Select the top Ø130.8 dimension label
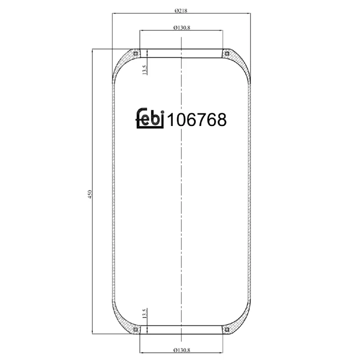click(181, 27)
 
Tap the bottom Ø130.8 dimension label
click(181, 349)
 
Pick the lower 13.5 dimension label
click(144, 314)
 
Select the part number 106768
click(197, 120)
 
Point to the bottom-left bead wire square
click(135, 330)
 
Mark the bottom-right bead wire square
click(227, 330)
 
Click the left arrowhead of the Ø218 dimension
click(113, 13)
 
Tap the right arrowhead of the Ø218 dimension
click(249, 13)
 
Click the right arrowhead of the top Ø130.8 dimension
click(221, 31)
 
